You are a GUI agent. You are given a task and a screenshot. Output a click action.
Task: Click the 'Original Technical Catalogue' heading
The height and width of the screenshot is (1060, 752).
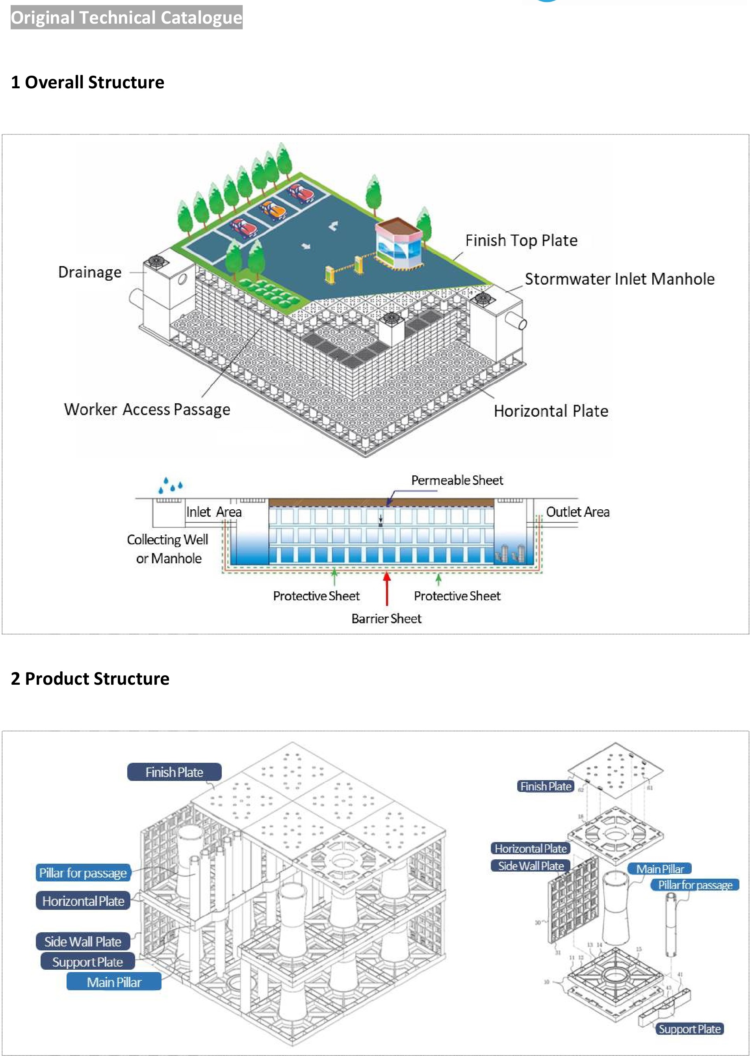tap(126, 18)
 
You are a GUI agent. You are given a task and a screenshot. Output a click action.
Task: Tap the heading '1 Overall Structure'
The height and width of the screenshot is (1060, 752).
tap(87, 82)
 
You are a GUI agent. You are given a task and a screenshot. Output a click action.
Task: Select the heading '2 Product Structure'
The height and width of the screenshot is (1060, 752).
tap(90, 678)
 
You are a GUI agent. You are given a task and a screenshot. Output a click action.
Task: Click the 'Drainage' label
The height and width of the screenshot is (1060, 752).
tap(90, 272)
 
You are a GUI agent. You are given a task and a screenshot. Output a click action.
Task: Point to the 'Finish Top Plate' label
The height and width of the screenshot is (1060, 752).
tap(522, 240)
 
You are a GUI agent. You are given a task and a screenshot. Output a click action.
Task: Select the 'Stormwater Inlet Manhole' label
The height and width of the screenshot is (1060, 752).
tap(620, 279)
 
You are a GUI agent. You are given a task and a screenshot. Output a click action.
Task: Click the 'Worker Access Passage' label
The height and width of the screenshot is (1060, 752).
tap(147, 409)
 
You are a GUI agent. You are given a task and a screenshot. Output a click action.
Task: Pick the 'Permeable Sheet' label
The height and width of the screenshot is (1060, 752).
tap(457, 481)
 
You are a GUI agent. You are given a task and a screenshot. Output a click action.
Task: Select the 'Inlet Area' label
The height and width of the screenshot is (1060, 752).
tap(214, 512)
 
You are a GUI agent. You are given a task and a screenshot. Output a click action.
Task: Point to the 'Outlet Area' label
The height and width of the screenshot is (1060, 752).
tap(577, 512)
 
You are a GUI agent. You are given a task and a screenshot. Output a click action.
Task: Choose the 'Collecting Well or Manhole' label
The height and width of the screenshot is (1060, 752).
tap(168, 549)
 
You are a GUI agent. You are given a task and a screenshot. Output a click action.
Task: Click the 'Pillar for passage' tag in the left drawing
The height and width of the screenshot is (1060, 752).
tap(83, 873)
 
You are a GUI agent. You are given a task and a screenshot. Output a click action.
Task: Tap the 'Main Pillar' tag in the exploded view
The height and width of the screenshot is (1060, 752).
tap(660, 869)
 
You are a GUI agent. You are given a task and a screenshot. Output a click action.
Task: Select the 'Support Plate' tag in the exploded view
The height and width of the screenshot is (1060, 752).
tap(689, 1029)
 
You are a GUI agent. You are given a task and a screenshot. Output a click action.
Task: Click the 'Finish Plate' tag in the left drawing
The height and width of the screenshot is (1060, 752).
tap(174, 772)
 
